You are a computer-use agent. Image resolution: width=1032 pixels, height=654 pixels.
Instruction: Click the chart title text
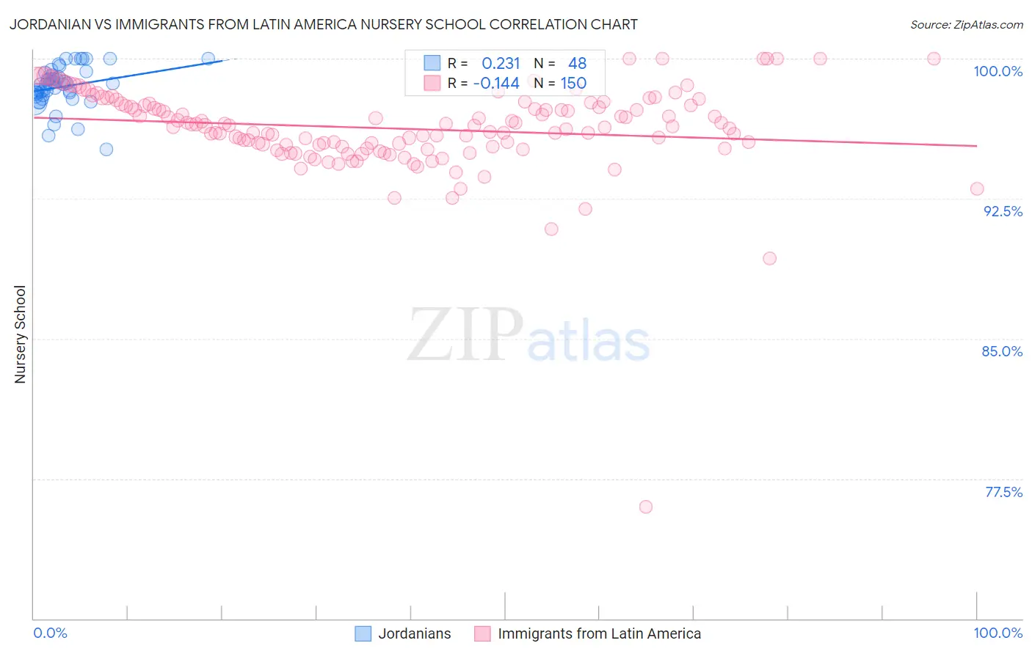(x=324, y=24)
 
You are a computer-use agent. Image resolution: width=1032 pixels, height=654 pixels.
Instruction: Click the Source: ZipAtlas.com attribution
(x=966, y=24)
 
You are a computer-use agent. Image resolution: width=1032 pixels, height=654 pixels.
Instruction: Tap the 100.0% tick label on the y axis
(x=998, y=71)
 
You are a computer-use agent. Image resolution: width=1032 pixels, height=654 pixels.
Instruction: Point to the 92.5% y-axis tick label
(x=1003, y=211)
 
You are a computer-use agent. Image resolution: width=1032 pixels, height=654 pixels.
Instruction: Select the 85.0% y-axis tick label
(x=1002, y=351)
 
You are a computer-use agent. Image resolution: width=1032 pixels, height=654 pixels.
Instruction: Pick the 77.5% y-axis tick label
(x=1003, y=492)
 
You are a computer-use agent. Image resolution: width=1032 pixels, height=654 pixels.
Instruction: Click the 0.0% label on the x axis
(x=50, y=633)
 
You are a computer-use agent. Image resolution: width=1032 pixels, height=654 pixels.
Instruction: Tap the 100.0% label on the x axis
(x=998, y=633)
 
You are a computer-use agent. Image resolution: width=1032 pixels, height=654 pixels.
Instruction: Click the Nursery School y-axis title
(x=21, y=334)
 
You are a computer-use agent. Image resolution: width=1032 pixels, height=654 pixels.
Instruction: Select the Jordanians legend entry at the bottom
(x=414, y=633)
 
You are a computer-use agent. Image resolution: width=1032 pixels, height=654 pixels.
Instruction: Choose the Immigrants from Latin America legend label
(x=599, y=633)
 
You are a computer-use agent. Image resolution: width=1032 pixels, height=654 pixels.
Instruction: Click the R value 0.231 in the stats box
(x=501, y=64)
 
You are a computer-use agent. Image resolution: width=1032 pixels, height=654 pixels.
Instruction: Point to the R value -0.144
(x=496, y=84)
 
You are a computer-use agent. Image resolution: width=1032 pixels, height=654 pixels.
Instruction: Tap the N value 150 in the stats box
(x=573, y=84)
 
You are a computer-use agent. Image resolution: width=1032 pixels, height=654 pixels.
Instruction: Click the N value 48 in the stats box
(x=577, y=64)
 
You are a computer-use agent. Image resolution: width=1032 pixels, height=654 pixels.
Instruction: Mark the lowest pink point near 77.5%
(x=646, y=507)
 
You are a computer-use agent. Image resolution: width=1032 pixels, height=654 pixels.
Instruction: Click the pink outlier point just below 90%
(x=769, y=258)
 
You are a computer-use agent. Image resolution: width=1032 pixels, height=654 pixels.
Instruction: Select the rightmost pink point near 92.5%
(x=977, y=188)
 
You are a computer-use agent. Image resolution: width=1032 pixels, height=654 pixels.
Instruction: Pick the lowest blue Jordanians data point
(x=106, y=149)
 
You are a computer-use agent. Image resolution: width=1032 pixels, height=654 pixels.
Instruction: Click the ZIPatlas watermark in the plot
(x=528, y=336)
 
